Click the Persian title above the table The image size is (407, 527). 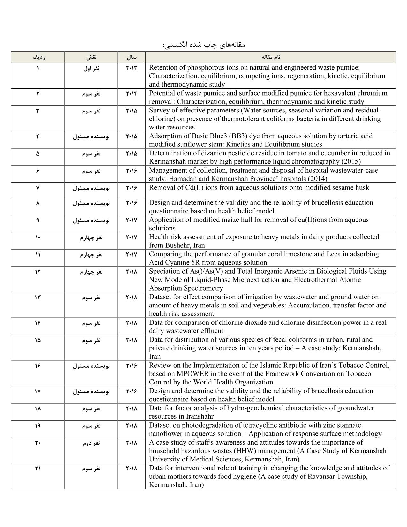(203, 44)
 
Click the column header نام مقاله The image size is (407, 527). (271, 57)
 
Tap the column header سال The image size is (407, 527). (132, 57)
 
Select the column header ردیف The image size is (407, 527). (38, 57)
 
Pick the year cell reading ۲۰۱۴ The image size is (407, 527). (132, 94)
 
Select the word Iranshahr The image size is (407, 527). (198, 416)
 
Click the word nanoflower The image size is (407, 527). (165, 434)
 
